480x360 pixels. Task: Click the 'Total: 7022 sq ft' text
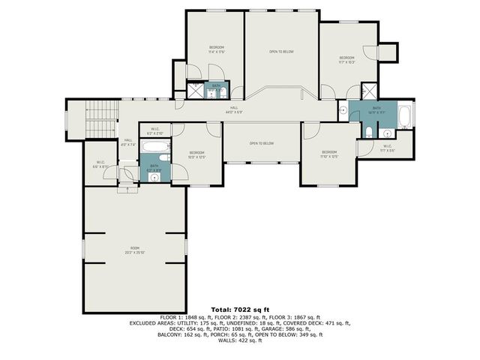pos(240,309)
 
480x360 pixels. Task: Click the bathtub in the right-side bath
pos(404,116)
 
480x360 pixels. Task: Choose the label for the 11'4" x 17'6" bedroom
pos(216,49)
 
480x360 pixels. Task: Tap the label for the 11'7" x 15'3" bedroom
pos(346,59)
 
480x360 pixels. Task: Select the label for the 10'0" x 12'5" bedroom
pos(196,154)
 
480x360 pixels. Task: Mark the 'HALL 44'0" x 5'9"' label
pos(235,110)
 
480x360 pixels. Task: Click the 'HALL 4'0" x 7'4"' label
pos(128,142)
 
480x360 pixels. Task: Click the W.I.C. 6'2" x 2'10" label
pos(154,130)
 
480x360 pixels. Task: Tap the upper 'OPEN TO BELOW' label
pos(281,52)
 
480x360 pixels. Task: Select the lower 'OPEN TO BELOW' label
pos(262,143)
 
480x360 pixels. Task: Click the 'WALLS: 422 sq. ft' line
pos(240,341)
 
